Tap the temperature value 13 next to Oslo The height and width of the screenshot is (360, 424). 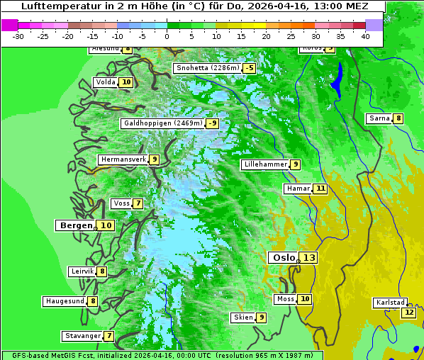(x=308, y=257)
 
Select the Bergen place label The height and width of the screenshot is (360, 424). (x=75, y=225)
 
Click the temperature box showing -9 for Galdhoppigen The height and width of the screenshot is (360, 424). (x=212, y=123)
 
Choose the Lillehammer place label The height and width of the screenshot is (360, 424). (x=265, y=164)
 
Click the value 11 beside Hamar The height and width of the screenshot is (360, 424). (x=320, y=189)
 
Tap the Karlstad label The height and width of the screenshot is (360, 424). (x=390, y=303)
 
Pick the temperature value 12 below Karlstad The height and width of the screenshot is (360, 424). (x=408, y=313)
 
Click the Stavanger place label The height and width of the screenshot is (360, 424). (x=82, y=336)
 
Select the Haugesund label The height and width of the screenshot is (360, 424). (x=65, y=301)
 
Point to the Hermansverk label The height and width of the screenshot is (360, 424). (x=123, y=159)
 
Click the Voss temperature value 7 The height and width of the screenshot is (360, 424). (x=138, y=203)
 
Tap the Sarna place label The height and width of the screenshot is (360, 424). (x=379, y=118)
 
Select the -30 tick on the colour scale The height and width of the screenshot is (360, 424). (x=18, y=35)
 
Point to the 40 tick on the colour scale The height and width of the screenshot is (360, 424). (x=365, y=35)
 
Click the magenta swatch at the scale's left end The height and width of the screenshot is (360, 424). (x=9, y=25)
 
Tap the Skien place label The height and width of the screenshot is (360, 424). (x=242, y=317)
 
